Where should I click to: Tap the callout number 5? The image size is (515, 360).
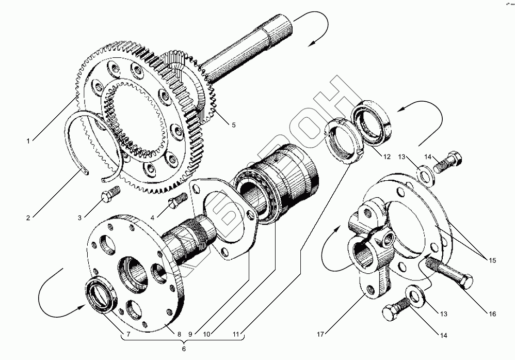click(233, 124)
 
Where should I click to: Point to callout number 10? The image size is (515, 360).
click(207, 334)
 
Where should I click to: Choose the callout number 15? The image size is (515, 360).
click(492, 260)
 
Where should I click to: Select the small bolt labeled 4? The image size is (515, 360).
click(175, 201)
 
